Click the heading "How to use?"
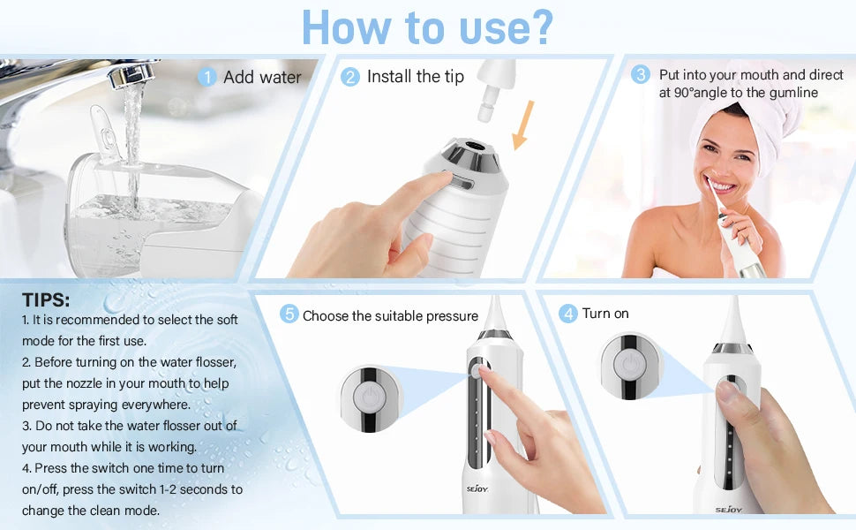point(427,28)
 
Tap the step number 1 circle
point(207,78)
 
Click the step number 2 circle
point(350,78)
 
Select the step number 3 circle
point(641,75)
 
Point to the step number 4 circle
point(567,314)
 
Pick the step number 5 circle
point(289,314)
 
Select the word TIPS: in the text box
point(46,299)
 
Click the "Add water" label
point(262,78)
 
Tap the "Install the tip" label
point(415,77)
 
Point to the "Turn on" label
point(605,314)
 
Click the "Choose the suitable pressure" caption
point(390,315)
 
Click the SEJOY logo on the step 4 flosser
point(728,508)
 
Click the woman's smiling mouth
point(722,187)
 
